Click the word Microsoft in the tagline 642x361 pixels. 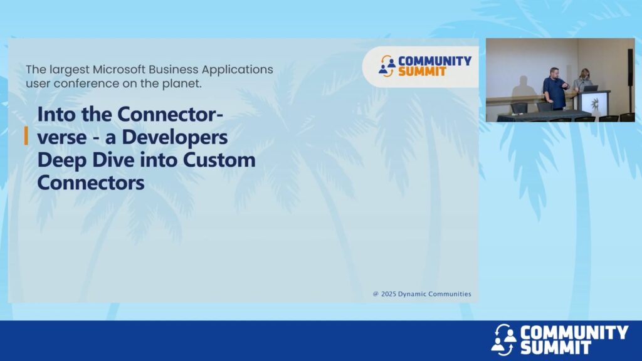click(118, 70)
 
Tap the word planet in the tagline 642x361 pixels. click(187, 83)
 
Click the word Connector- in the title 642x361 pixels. click(170, 114)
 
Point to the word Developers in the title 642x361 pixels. click(175, 137)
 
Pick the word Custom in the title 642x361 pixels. click(219, 160)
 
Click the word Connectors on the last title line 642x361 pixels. click(91, 182)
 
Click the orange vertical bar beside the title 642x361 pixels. click(26, 136)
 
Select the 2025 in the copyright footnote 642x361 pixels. click(389, 294)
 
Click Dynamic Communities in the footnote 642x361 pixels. click(434, 294)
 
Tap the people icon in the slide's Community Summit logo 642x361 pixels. click(387, 66)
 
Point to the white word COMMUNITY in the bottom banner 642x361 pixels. click(574, 332)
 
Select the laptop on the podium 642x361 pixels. click(590, 88)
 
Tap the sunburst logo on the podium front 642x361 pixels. click(595, 104)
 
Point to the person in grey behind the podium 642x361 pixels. click(582, 80)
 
